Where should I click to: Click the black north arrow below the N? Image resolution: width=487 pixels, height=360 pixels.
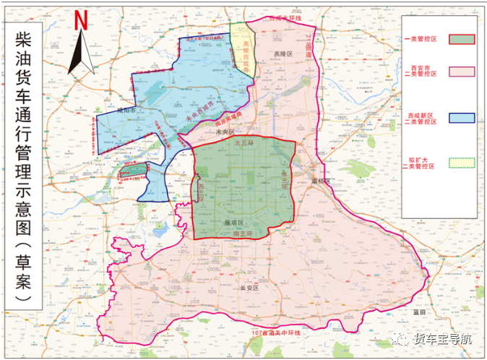click(x=82, y=51)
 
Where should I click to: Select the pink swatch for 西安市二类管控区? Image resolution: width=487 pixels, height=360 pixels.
click(x=462, y=71)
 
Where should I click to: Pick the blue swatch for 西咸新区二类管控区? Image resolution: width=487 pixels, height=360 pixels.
click(x=462, y=118)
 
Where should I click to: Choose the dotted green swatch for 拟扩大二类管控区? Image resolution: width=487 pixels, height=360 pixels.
click(x=462, y=163)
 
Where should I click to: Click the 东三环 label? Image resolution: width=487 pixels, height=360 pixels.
click(x=284, y=176)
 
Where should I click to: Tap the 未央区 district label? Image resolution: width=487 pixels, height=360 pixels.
click(x=225, y=133)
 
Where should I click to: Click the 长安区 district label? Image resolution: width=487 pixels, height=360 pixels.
click(x=249, y=288)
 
